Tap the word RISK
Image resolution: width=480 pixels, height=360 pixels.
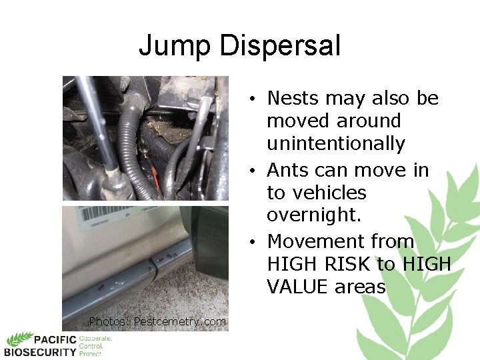(345, 265)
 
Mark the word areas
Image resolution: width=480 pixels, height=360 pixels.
(362, 287)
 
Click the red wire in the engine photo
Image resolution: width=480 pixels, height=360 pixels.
(155, 177)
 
